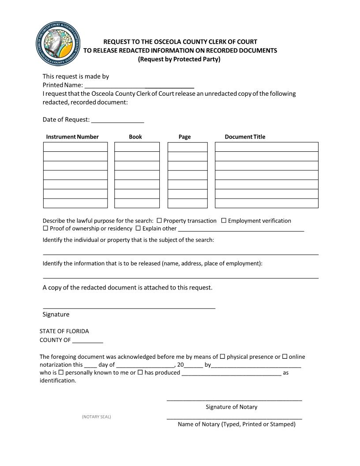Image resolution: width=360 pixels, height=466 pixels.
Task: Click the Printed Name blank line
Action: (139, 86)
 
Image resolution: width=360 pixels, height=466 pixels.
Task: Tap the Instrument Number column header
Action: (72, 137)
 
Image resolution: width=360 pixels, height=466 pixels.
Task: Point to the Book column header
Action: (135, 137)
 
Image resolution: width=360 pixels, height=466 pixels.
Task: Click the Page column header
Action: (184, 137)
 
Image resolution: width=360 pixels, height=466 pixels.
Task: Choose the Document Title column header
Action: (245, 137)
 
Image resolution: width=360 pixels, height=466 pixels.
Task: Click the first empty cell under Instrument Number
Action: (75, 147)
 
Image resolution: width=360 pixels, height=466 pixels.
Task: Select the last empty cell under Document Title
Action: (266, 203)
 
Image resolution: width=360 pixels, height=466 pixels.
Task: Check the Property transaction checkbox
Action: (159, 221)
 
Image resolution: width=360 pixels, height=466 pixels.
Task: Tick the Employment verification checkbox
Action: (224, 221)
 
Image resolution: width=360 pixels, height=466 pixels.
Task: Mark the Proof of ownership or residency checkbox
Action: (45, 229)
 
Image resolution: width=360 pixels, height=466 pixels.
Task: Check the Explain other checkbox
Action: (138, 229)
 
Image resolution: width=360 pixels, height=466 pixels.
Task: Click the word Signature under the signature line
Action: (56, 315)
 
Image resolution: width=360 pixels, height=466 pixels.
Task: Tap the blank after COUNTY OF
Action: (87, 340)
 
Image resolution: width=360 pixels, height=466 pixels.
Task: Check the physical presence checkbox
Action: (222, 357)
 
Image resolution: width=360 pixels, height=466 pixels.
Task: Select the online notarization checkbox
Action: (285, 357)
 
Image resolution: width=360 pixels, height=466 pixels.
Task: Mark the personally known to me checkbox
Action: (61, 372)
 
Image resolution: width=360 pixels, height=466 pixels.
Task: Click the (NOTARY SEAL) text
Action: (96, 417)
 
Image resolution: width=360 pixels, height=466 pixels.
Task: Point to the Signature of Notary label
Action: (231, 407)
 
